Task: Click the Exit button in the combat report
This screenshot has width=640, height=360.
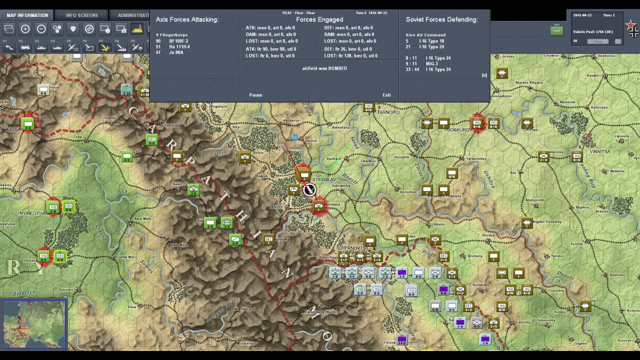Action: (386, 95)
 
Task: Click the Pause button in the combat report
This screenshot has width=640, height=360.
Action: (255, 95)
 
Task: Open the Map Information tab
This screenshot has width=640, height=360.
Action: (27, 15)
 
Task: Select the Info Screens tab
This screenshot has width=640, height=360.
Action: (82, 15)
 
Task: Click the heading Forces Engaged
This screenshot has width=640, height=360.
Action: (319, 19)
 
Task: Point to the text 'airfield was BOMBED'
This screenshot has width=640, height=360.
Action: (324, 68)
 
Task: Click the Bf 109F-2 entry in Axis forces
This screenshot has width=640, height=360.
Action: (178, 41)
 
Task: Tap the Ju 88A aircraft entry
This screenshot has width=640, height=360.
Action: (176, 52)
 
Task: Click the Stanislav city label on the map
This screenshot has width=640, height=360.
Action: (323, 179)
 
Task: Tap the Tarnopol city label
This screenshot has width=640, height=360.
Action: (389, 112)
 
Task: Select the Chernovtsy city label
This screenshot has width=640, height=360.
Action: (353, 248)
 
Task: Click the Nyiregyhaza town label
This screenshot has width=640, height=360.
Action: (32, 213)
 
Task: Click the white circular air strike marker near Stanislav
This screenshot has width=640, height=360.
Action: (309, 190)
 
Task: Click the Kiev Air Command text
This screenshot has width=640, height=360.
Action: (425, 35)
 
